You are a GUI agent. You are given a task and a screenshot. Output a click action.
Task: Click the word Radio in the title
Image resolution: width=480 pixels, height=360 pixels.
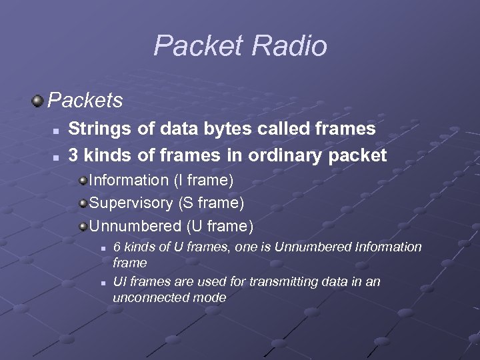pos(289,46)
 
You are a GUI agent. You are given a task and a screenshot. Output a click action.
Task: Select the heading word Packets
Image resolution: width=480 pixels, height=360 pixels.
pos(85,101)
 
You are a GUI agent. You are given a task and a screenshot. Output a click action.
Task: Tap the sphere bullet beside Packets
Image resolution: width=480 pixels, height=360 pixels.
pos(37,101)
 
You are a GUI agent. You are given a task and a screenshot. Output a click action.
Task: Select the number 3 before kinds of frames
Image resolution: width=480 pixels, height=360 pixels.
pos(73,155)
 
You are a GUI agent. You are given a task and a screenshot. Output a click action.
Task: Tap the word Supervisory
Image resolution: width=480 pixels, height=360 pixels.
pos(131,202)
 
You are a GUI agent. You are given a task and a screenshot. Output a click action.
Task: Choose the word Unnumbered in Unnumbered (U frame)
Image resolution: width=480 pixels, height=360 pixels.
pos(135,226)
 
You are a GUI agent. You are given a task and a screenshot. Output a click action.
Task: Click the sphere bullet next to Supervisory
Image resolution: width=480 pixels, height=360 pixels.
pos(83,202)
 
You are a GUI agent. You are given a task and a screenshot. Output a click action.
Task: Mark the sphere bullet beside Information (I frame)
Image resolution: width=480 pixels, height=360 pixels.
pos(83,179)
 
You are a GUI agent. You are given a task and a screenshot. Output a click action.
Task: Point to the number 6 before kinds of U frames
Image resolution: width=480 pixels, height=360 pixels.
pos(117,247)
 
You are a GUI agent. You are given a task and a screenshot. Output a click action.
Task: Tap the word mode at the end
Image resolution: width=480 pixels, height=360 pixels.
pos(209,298)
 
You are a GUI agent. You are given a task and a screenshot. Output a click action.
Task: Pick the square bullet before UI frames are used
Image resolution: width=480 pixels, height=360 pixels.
pos(103,283)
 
